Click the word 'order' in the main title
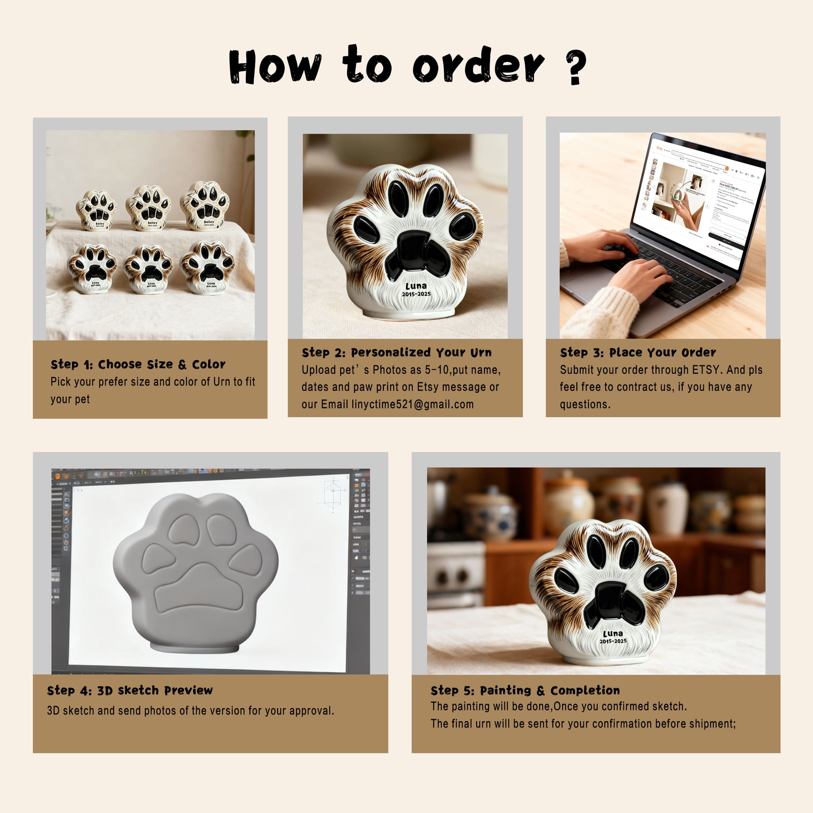[478, 66]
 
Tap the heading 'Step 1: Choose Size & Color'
[138, 365]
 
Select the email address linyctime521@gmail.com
[412, 405]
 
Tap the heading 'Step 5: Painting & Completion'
[525, 691]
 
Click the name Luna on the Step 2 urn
[416, 286]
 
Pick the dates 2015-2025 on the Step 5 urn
[613, 641]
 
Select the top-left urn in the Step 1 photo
[96, 210]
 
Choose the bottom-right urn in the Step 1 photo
[207, 267]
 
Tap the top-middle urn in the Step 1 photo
[148, 208]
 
